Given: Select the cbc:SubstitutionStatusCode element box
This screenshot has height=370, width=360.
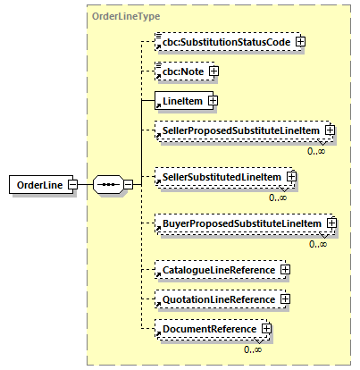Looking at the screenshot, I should tap(224, 41).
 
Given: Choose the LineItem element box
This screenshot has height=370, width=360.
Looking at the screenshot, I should tap(180, 101).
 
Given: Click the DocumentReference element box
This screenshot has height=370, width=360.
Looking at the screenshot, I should tap(207, 329).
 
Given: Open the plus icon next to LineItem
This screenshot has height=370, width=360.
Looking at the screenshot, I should tap(213, 101).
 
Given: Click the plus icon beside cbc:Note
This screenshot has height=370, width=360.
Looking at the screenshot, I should tap(213, 71).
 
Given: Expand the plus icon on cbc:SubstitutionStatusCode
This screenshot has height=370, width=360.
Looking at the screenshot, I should tap(301, 41).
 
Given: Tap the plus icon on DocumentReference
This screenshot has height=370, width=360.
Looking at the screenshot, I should tap(266, 330).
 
